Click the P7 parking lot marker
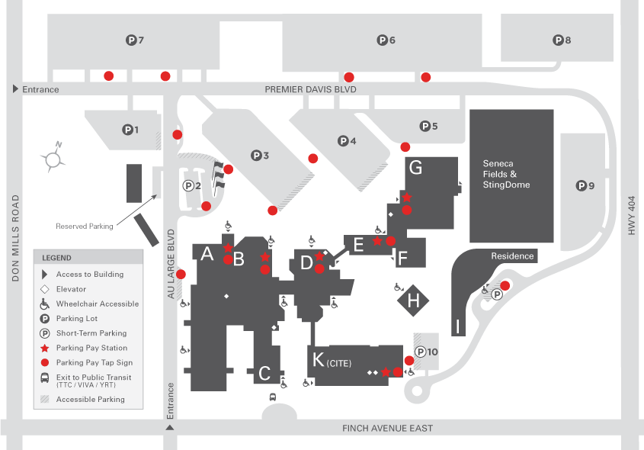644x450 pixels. coord(134,40)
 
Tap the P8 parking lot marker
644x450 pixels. coord(562,40)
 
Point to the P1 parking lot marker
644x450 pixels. coord(131,130)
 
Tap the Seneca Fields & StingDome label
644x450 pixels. coord(506,174)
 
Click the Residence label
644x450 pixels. coord(512,256)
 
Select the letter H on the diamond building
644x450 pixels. coord(414,301)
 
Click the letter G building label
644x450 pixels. coord(415,167)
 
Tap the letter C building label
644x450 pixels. coord(264,373)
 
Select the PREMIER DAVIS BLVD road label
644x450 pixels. coord(310,89)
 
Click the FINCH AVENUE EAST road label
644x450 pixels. coord(388,429)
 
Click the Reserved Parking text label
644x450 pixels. coord(84,226)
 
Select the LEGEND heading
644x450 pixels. coord(56,258)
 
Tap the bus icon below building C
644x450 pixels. coord(273,397)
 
